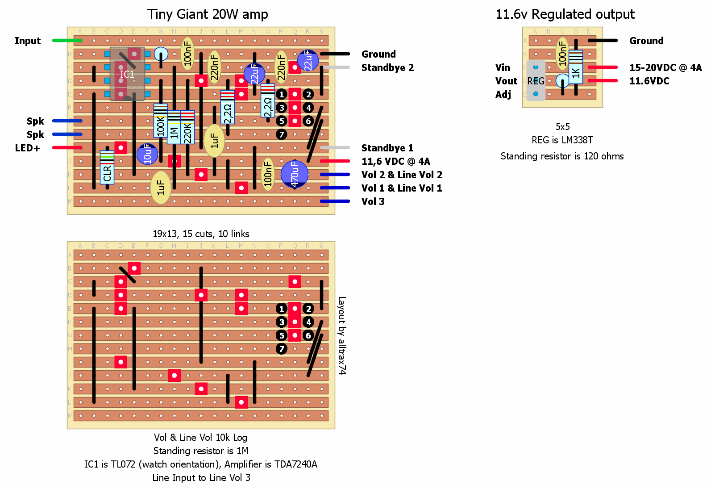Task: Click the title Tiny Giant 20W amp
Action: [208, 14]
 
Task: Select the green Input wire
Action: [67, 41]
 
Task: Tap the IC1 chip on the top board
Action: [127, 74]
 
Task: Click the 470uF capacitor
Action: [295, 174]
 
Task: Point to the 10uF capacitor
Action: [147, 154]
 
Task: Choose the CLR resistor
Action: [107, 168]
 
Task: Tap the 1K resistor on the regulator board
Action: [576, 67]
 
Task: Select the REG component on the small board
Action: [536, 81]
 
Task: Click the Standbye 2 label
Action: [387, 68]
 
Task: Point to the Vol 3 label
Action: [373, 202]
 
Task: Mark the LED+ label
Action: [27, 148]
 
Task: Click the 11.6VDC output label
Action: [649, 81]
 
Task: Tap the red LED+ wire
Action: [67, 148]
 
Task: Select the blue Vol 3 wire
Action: [335, 201]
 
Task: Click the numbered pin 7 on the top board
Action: [281, 134]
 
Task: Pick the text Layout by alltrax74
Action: [341, 335]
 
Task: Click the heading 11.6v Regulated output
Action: [565, 14]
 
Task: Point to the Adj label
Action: [503, 95]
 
